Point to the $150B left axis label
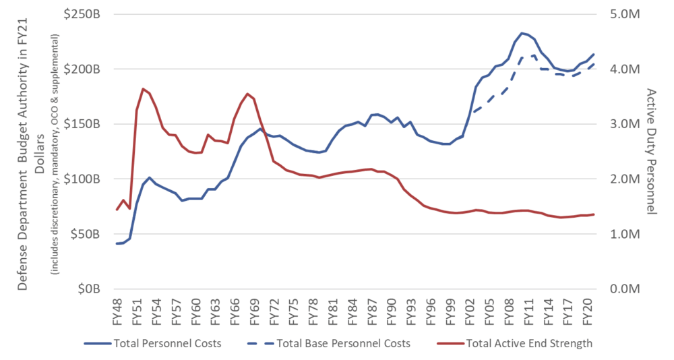click(x=86, y=125)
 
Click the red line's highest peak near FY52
click(x=143, y=88)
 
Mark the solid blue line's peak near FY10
click(x=521, y=32)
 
